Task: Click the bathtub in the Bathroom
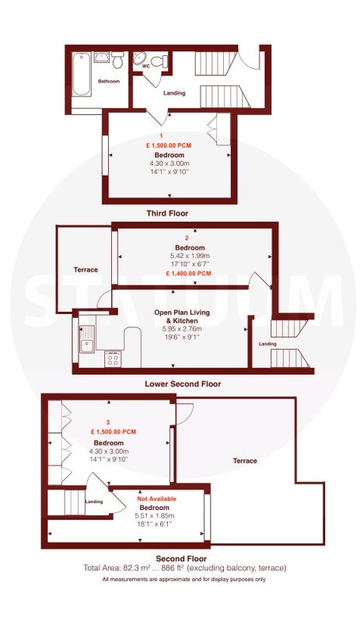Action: click(81, 74)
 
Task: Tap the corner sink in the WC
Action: click(139, 58)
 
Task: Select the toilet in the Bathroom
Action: click(117, 60)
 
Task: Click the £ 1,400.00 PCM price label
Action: click(188, 274)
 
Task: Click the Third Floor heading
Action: click(167, 213)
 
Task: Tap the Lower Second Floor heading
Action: click(183, 384)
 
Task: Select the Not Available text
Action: click(156, 498)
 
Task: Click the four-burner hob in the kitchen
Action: click(113, 359)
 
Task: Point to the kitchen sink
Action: click(87, 339)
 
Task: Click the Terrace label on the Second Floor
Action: click(245, 461)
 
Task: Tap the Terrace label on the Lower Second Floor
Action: click(86, 270)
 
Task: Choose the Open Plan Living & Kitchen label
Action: click(182, 316)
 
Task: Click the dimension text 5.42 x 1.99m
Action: click(188, 256)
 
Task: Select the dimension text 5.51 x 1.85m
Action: click(155, 516)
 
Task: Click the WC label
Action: click(146, 66)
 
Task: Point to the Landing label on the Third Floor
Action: click(174, 93)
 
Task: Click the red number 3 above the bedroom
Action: click(108, 422)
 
